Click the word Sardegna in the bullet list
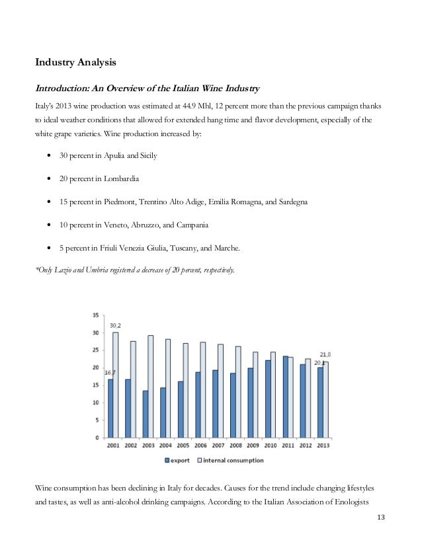288,202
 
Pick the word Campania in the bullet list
190,225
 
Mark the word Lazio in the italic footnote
58,272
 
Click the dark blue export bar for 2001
111,408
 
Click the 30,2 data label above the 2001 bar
115,325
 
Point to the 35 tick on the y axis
96,315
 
